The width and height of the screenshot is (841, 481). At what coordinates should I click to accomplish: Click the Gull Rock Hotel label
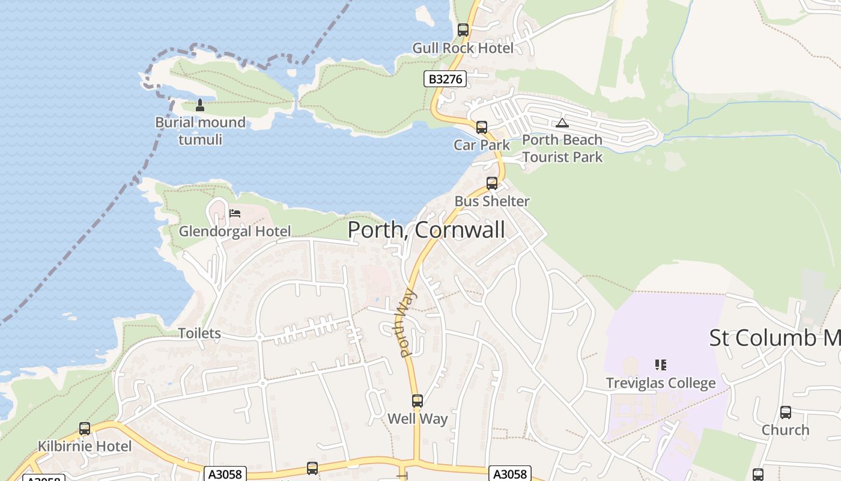(x=463, y=48)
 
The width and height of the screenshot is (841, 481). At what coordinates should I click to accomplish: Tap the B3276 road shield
(x=445, y=79)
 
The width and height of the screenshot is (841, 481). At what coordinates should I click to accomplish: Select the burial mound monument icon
(x=200, y=106)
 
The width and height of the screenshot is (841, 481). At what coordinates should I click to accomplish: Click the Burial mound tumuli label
(x=200, y=131)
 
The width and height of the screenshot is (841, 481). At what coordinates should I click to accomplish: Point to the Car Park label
(x=481, y=145)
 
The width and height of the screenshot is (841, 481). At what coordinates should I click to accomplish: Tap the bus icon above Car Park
(x=481, y=127)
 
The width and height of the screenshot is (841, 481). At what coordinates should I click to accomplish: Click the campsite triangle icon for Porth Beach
(x=562, y=123)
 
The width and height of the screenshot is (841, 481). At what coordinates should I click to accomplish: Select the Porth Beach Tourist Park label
(x=562, y=149)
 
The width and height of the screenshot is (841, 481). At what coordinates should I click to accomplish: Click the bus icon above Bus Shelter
(x=492, y=183)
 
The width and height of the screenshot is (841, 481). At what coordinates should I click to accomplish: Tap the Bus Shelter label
(x=492, y=201)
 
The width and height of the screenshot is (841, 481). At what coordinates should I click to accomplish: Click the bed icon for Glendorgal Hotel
(x=235, y=213)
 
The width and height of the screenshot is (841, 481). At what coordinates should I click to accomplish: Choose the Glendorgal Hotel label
(x=235, y=231)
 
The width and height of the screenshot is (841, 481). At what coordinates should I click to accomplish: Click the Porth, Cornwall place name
(x=426, y=230)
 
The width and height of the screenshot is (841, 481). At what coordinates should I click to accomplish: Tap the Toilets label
(x=199, y=334)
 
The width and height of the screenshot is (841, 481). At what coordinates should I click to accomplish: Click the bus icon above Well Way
(x=417, y=400)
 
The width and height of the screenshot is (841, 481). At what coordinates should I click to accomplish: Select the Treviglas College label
(x=661, y=383)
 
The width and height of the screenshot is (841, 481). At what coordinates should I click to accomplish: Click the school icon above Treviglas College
(x=661, y=364)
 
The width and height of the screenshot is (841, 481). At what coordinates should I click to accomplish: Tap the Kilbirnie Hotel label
(x=85, y=447)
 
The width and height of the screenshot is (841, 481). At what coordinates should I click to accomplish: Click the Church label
(x=785, y=430)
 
